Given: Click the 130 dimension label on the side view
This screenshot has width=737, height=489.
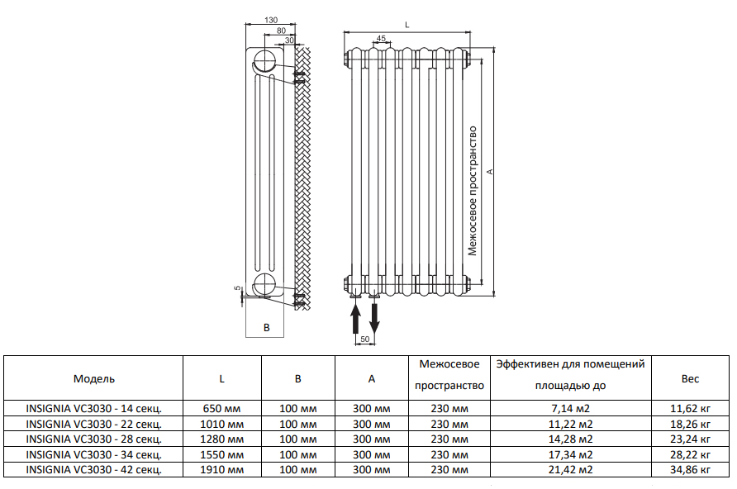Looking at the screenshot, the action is tap(271, 20).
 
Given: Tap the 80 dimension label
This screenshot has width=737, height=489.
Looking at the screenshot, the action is tap(281, 31).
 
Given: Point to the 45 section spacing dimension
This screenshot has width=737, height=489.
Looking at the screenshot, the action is tap(381, 39).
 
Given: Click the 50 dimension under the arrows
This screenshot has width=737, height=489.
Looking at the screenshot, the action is tap(364, 339).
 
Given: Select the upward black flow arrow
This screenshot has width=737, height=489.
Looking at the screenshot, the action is tap(356, 319).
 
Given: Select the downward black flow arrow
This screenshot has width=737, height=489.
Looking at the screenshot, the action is tap(374, 319).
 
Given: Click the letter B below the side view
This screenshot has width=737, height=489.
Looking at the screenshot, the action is tap(267, 327).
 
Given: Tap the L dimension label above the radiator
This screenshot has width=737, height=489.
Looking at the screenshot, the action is tap(407, 25).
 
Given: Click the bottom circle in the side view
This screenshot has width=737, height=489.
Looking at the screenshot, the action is tap(264, 284).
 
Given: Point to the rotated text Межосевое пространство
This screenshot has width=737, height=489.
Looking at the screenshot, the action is tap(473, 191).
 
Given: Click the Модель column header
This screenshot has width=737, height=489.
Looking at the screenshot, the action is tap(94, 378).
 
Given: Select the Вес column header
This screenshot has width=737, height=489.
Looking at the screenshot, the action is tap(690, 378).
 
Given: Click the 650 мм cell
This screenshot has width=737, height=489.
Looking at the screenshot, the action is tap(222, 408).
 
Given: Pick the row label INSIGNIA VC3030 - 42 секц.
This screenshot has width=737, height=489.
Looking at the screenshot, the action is tap(94, 469).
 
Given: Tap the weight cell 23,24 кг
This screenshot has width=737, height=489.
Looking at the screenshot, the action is tap(690, 439).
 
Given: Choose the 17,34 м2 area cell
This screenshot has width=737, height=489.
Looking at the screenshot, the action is tap(571, 454).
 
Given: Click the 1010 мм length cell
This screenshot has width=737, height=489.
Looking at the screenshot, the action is tap(222, 424).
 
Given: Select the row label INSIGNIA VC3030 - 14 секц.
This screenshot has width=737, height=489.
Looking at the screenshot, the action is tap(94, 408).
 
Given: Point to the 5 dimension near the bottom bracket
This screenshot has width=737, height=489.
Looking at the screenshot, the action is tap(237, 287).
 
